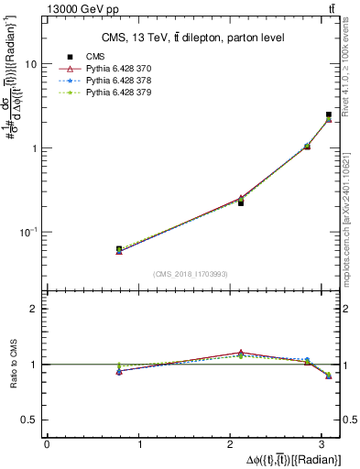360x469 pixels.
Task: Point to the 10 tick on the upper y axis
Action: pyautogui.click(x=31, y=65)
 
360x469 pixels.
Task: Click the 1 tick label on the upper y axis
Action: pyautogui.click(x=35, y=148)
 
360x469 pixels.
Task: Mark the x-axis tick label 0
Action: pyautogui.click(x=47, y=444)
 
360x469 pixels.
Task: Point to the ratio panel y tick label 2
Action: pyautogui.click(x=35, y=309)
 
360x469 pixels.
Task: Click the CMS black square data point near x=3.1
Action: pyautogui.click(x=329, y=115)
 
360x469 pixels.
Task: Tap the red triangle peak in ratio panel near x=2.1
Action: pyautogui.click(x=241, y=353)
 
